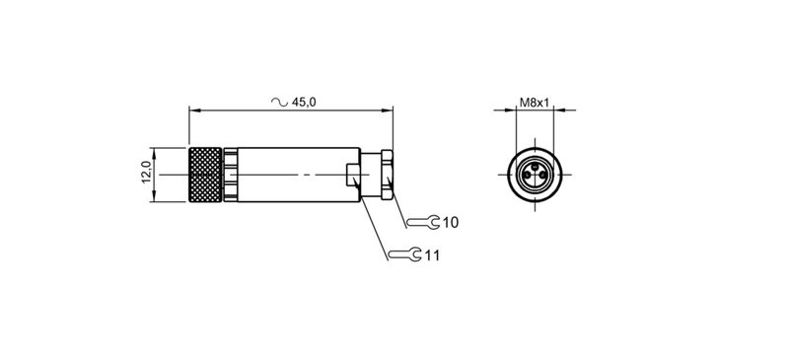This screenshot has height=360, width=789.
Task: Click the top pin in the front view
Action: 534,169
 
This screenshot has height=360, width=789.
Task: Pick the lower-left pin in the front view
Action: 528,179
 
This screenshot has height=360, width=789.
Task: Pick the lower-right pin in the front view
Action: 539,179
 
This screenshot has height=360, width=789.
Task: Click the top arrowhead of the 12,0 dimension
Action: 155,151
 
